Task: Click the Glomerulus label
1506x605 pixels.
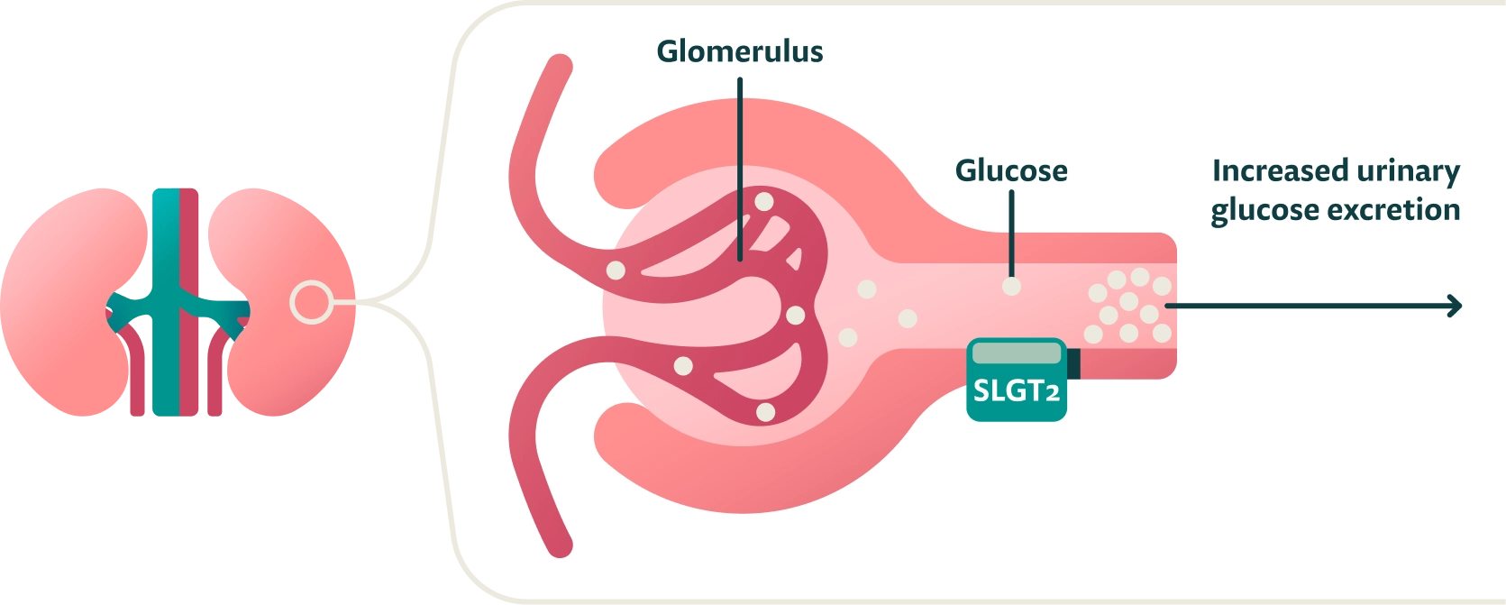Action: [x=739, y=51]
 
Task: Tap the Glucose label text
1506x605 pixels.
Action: [x=1010, y=170]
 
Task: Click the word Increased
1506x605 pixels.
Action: [x=1269, y=170]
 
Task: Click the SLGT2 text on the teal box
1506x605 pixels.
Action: [x=1016, y=390]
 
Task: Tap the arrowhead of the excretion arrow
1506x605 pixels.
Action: [x=1452, y=306]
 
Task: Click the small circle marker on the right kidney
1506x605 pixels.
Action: [x=310, y=302]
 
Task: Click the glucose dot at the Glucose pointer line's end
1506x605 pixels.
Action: [x=1012, y=286]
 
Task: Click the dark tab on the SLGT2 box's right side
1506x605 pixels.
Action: [x=1073, y=362]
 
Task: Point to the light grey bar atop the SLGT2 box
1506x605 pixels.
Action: [x=1016, y=353]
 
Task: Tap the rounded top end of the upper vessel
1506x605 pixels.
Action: [x=560, y=67]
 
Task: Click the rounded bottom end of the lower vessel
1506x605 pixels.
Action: [x=560, y=545]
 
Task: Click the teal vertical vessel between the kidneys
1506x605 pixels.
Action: [x=165, y=270]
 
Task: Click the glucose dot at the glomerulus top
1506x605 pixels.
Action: [x=764, y=201]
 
